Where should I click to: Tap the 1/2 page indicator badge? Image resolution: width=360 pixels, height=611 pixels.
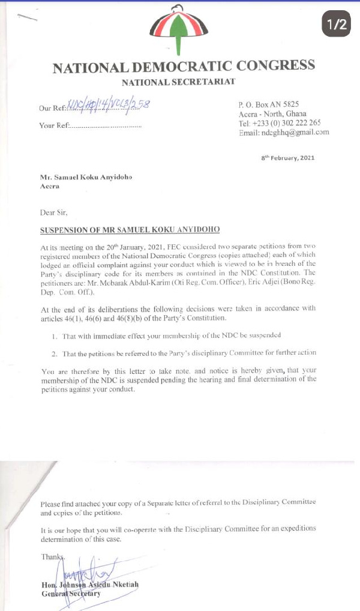click(x=337, y=24)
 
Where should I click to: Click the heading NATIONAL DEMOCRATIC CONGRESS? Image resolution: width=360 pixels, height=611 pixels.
click(x=184, y=67)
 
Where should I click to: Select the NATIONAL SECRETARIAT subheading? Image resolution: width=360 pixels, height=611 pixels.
click(x=178, y=82)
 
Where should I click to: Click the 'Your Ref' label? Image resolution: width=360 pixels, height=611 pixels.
click(x=54, y=126)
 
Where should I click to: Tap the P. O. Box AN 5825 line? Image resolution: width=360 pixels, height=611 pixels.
click(x=268, y=104)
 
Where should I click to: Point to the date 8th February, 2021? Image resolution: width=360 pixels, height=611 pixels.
click(x=287, y=158)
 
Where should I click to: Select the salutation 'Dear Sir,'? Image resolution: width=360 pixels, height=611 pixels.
click(x=54, y=213)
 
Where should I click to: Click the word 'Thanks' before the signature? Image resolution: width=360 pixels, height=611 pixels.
click(x=52, y=557)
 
